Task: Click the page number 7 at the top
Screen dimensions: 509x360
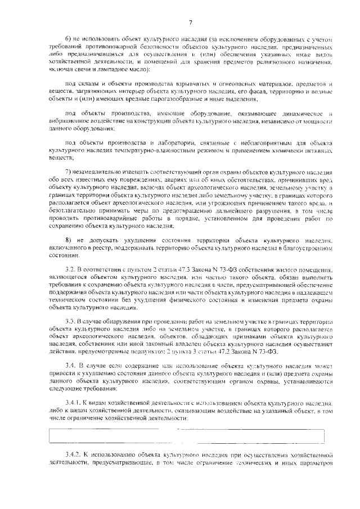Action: click(190, 22)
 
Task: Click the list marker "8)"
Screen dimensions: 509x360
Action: click(69, 240)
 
